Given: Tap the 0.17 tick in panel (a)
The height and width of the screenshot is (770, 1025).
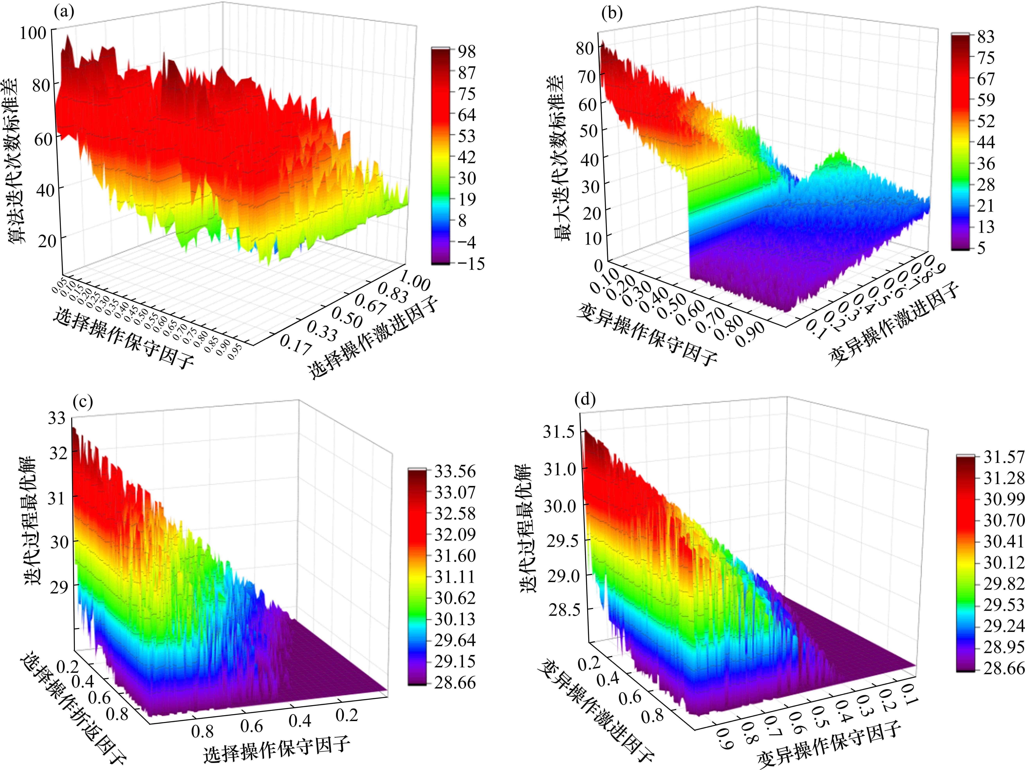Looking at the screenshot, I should pyautogui.click(x=295, y=345).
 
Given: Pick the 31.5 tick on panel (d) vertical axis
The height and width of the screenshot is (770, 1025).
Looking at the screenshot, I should pyautogui.click(x=558, y=432).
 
